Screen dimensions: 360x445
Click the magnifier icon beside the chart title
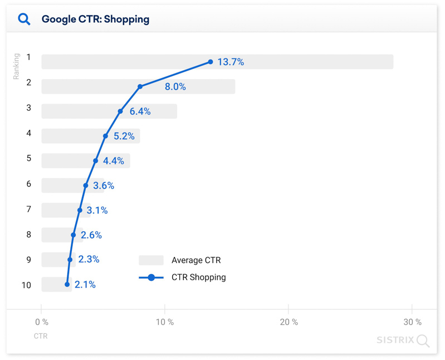pos(24,19)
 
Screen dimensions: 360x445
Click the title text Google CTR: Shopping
pos(95,19)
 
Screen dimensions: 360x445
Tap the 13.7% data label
pos(231,62)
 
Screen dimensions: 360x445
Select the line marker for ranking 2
pos(140,86)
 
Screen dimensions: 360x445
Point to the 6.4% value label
pos(140,111)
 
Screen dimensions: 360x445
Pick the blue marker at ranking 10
pos(67,285)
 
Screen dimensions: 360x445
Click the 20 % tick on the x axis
pos(288,322)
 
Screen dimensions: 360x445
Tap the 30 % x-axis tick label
pos(412,322)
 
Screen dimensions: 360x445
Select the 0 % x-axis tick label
pos(42,322)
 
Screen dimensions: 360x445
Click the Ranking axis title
pos(16,66)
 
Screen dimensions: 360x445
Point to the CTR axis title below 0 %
pos(41,336)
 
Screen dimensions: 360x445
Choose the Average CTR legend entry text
pos(196,260)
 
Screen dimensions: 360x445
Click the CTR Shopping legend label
pos(198,277)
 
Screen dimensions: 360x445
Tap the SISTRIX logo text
pos(395,339)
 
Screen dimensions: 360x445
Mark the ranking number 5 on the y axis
pos(28,158)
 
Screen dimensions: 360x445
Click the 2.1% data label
pos(85,285)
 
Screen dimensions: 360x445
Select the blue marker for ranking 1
pos(211,62)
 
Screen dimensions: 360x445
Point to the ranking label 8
pos(28,235)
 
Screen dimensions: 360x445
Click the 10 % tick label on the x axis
pos(165,322)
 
